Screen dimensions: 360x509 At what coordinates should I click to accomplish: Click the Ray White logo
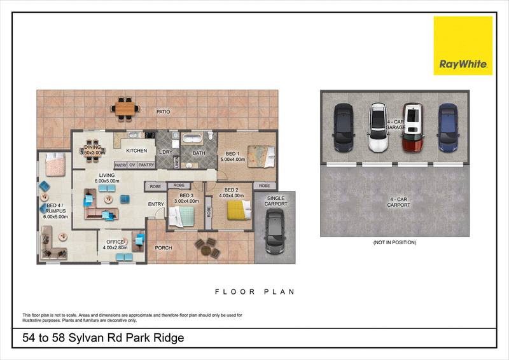point(463,46)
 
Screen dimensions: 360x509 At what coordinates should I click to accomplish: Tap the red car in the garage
point(414,128)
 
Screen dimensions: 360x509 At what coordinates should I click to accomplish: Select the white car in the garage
point(379,128)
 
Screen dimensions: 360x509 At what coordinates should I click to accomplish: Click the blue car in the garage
point(448,128)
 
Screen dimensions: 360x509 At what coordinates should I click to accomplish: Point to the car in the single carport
point(275,232)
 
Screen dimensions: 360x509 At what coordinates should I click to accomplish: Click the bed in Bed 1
point(260,154)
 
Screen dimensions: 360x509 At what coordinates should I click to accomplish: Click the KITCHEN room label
point(136,151)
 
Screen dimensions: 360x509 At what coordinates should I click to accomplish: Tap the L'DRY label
point(165,151)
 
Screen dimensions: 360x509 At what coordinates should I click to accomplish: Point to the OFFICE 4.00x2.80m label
point(115,244)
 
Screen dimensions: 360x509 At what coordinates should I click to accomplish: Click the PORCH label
point(164,248)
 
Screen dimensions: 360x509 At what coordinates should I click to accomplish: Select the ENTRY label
point(156,204)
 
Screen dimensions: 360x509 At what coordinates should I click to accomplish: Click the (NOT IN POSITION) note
point(394,242)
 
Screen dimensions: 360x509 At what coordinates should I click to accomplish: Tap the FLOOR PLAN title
point(254,292)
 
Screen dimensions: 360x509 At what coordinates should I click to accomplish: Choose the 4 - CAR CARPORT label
point(399,202)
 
